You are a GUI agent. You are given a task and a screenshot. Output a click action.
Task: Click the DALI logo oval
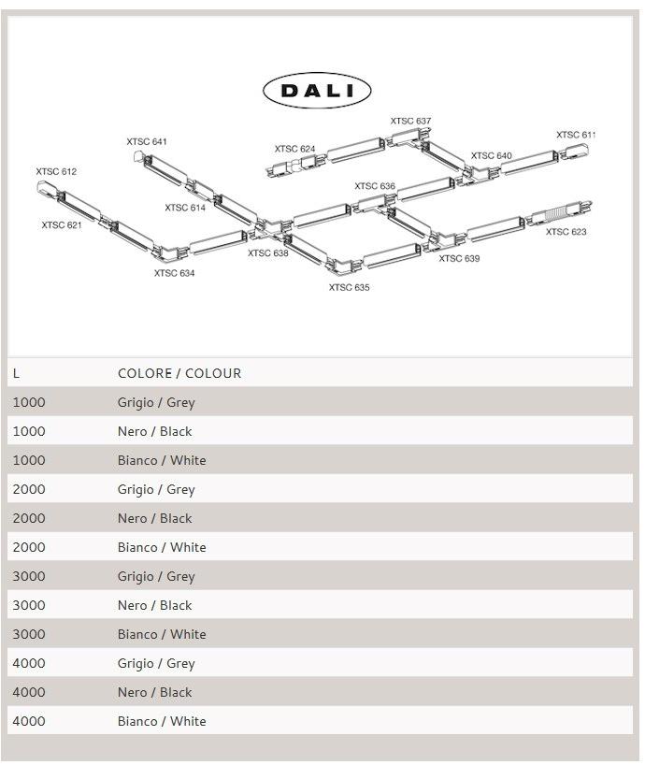tap(317, 91)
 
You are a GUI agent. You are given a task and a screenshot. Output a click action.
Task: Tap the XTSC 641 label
tap(147, 142)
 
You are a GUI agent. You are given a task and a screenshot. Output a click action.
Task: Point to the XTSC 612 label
tap(56, 172)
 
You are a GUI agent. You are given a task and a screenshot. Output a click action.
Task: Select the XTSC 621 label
tap(62, 225)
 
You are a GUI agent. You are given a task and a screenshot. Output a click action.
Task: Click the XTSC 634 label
tap(175, 273)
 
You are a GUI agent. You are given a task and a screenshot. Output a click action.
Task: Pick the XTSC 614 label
tap(185, 209)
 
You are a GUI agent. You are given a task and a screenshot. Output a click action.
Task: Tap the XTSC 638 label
tap(268, 253)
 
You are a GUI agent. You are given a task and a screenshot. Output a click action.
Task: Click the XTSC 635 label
tap(349, 288)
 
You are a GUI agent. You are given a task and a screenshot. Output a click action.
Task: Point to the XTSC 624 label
tap(294, 150)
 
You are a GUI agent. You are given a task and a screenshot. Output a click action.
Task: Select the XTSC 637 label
tap(410, 122)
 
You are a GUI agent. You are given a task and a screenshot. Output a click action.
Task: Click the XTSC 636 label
tap(375, 187)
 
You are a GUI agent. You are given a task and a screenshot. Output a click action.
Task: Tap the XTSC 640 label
tap(491, 156)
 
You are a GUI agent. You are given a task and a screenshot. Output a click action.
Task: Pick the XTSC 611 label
tap(576, 136)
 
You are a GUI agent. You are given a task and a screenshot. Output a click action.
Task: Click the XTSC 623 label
tap(566, 232)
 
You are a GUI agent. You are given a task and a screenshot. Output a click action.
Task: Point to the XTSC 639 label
tap(459, 259)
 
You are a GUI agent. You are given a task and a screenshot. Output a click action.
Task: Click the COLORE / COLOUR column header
tap(179, 373)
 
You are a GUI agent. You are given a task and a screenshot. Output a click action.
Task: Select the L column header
tap(17, 373)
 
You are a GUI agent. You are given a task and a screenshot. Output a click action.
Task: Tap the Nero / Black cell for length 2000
tap(154, 518)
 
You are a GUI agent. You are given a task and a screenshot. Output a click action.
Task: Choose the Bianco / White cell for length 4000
tap(162, 721)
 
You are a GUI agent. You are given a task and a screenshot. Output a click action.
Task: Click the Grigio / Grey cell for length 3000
tap(156, 576)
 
